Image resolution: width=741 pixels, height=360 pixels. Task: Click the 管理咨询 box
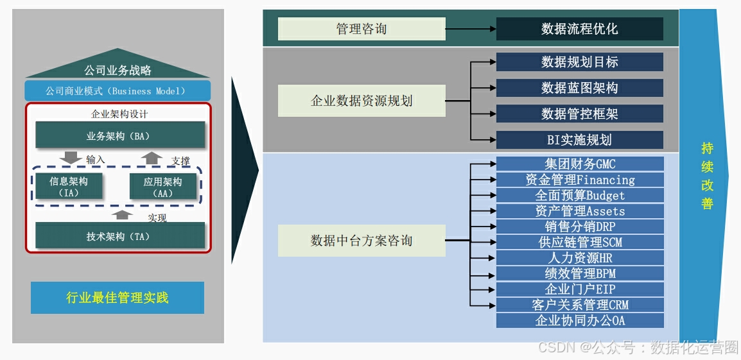[362, 29]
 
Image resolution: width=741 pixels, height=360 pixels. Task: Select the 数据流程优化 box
[579, 29]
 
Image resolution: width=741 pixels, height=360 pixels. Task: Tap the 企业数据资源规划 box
[362, 101]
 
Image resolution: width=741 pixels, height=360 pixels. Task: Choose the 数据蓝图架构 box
[579, 88]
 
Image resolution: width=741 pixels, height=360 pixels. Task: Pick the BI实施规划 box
[579, 140]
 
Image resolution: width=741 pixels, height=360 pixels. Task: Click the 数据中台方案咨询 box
[362, 241]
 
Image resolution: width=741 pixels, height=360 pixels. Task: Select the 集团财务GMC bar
[580, 164]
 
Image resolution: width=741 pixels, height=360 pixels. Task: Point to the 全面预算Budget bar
[580, 196]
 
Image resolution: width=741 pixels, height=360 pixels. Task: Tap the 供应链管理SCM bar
[580, 243]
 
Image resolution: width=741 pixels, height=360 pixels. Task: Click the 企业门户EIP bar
[580, 289]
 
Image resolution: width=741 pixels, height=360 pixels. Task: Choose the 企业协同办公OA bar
[580, 321]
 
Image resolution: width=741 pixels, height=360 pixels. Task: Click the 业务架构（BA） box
[120, 136]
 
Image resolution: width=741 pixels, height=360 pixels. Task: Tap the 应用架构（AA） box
[162, 187]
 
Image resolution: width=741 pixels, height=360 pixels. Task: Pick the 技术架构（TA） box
[120, 236]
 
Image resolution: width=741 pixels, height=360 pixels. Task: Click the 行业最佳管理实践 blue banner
[118, 298]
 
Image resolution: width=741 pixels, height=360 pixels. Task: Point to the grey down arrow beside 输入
[70, 158]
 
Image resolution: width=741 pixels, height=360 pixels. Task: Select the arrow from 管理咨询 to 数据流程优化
[471, 29]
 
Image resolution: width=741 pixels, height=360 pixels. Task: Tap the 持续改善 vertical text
[707, 176]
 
